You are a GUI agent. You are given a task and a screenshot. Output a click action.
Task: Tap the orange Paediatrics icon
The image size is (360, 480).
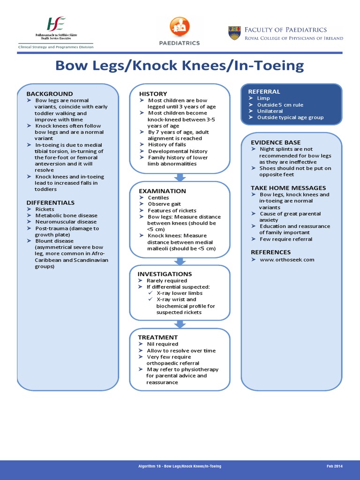180,27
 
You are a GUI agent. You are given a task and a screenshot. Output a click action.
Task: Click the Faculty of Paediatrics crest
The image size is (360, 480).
234,33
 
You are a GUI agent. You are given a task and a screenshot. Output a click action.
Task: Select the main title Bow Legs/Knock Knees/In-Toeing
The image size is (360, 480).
180,66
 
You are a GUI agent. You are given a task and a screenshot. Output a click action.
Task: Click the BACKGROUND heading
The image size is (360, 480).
49,94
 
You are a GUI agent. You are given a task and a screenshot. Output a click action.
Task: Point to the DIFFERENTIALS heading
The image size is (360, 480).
51,202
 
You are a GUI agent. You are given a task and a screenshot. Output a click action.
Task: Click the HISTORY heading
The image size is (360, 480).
153,94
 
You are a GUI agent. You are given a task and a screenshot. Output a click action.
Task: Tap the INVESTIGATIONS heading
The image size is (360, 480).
165,274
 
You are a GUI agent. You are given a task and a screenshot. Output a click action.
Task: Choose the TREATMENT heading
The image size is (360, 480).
157,337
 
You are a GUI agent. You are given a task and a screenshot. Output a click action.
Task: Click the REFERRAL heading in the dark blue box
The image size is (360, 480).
264,91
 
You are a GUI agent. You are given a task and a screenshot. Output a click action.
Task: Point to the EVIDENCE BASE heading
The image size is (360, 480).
276,142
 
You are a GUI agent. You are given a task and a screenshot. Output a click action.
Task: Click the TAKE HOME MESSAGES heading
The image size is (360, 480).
288,188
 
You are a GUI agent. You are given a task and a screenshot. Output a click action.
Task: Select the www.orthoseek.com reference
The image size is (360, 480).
287,260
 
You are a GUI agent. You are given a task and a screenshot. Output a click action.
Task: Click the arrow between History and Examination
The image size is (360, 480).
180,177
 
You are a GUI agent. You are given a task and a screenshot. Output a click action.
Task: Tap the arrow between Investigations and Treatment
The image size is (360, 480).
180,323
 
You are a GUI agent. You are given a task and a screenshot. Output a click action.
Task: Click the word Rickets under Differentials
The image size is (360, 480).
45,209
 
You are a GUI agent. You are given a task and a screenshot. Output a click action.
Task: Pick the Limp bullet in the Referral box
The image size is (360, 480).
263,98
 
